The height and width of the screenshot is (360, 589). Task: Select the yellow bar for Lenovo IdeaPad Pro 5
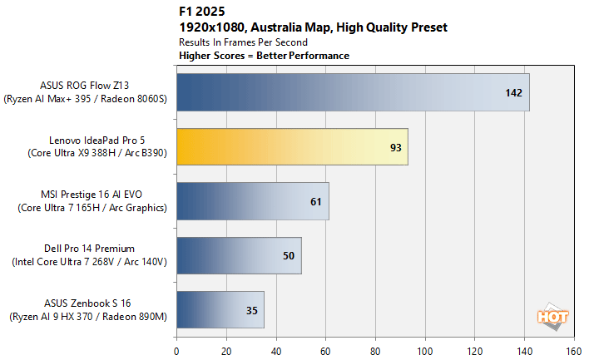click(x=291, y=146)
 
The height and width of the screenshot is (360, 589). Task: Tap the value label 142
click(x=513, y=92)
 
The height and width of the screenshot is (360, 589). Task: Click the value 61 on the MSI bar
click(x=314, y=201)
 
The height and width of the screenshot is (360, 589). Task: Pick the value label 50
click(x=288, y=255)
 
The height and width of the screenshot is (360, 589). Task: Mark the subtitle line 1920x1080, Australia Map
click(x=312, y=27)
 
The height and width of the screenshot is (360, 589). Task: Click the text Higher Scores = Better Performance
click(x=264, y=56)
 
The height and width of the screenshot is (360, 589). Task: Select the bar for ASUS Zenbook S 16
click(x=220, y=309)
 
